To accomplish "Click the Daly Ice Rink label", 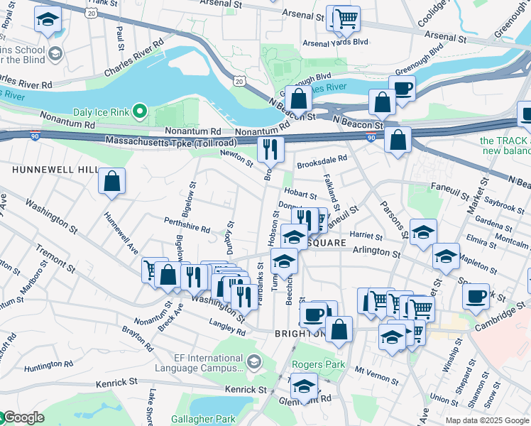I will [103, 111].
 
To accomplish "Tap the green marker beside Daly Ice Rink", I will [141, 111].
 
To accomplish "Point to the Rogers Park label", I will [318, 365].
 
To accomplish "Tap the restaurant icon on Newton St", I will [270, 149].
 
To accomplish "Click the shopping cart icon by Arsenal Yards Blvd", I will [346, 18].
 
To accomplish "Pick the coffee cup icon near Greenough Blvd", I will [403, 89].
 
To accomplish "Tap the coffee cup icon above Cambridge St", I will [476, 295].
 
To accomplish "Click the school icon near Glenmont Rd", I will [304, 386].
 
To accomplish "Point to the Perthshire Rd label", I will [187, 229].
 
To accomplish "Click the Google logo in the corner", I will [23, 417].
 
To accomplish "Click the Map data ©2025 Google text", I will [487, 420].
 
